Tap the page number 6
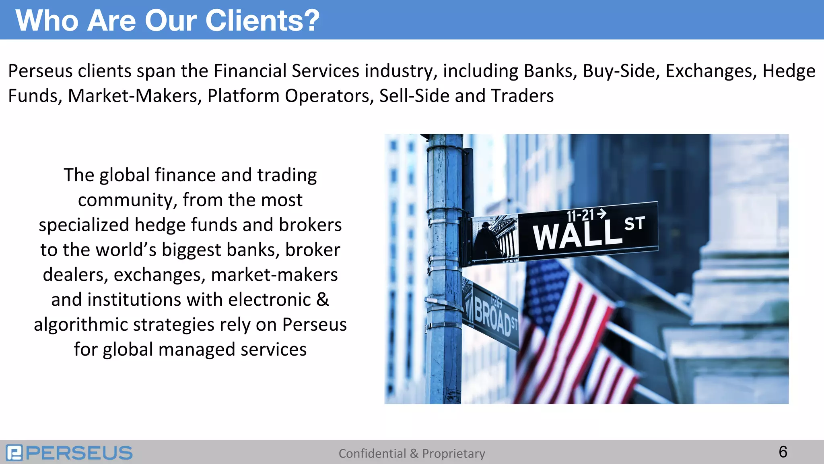click(783, 452)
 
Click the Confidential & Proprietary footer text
click(412, 454)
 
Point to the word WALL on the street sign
click(577, 235)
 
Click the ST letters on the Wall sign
click(634, 224)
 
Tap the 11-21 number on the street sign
click(580, 216)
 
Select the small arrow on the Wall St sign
click(602, 213)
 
